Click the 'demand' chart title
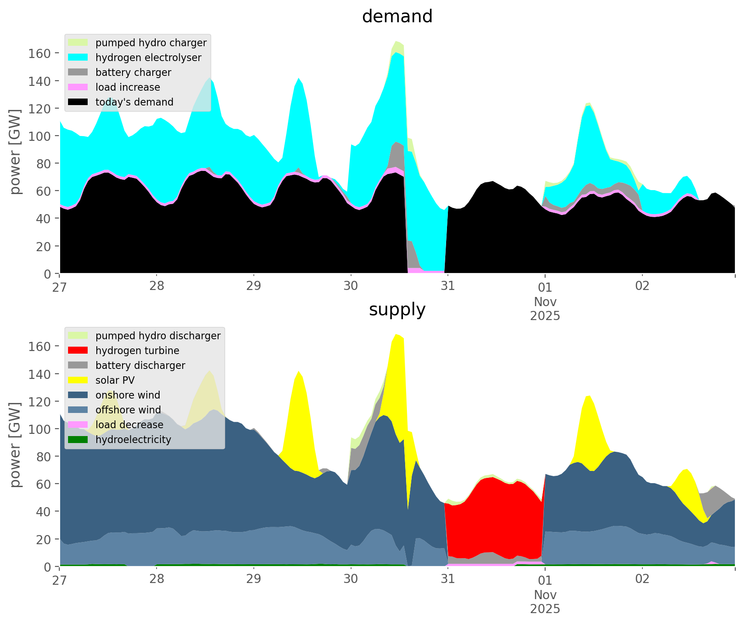pyautogui.click(x=397, y=17)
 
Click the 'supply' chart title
pyautogui.click(x=397, y=310)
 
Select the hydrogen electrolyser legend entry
pyautogui.click(x=148, y=58)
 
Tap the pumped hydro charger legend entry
pyautogui.click(x=151, y=43)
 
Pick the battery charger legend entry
pyautogui.click(x=133, y=72)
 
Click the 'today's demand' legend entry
pyautogui.click(x=134, y=102)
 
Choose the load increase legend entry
pyautogui.click(x=128, y=87)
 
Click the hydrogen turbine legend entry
pyautogui.click(x=137, y=351)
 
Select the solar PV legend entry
pyautogui.click(x=115, y=380)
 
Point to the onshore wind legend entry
pyautogui.click(x=128, y=395)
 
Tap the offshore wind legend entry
pyautogui.click(x=128, y=410)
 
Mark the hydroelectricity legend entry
pyautogui.click(x=133, y=440)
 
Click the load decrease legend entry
pyautogui.click(x=129, y=425)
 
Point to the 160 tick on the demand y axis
pyautogui.click(x=40, y=53)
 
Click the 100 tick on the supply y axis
pyautogui.click(x=40, y=429)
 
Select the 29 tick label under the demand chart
pyautogui.click(x=253, y=286)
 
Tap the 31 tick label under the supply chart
pyautogui.click(x=447, y=579)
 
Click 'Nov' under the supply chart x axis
pyautogui.click(x=545, y=595)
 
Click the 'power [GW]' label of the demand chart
pyautogui.click(x=15, y=152)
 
